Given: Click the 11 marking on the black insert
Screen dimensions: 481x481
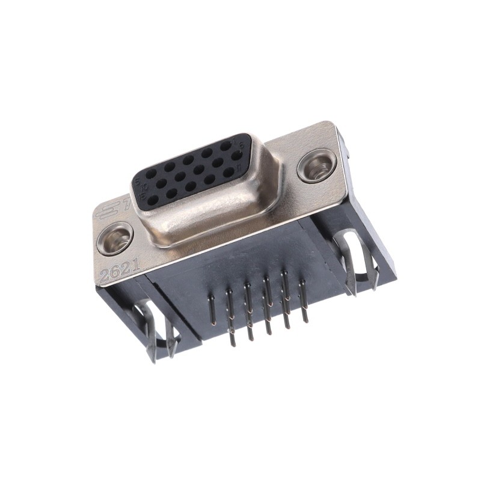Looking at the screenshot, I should pyautogui.click(x=239, y=168).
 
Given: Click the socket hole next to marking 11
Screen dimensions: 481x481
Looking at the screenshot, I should pyautogui.click(x=228, y=172).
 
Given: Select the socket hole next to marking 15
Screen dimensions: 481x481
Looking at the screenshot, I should pyautogui.click(x=153, y=200).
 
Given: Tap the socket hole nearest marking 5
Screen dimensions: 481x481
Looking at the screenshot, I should pyautogui.click(x=150, y=174).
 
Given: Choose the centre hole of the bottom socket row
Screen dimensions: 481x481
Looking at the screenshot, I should pyautogui.click(x=191, y=186).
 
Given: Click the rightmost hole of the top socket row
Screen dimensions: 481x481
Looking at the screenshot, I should pyautogui.click(x=226, y=146).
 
